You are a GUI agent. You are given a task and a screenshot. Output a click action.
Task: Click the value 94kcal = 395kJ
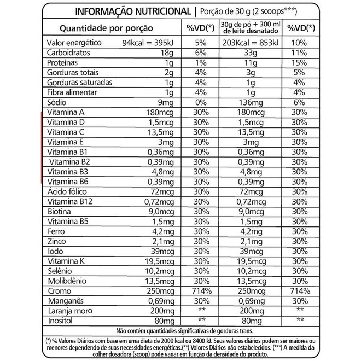(148, 43)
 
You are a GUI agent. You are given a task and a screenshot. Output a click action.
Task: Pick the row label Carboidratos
(69, 54)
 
